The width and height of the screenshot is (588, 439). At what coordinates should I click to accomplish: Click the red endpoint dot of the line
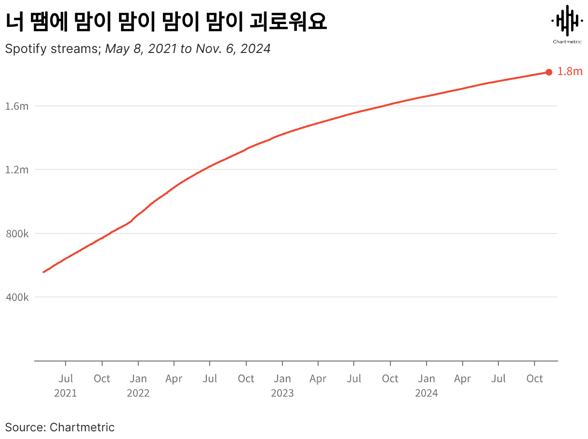[x=548, y=72]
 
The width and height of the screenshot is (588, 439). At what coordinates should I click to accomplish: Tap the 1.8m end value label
[x=570, y=72]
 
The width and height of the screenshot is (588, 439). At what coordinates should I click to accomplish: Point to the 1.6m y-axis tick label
[x=17, y=106]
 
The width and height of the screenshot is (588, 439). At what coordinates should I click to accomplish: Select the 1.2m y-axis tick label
[x=17, y=170]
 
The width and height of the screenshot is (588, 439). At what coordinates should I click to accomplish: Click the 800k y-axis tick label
[x=17, y=234]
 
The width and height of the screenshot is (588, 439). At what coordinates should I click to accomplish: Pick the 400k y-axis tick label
[x=17, y=297]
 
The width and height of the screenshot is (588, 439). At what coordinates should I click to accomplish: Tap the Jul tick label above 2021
[x=66, y=379]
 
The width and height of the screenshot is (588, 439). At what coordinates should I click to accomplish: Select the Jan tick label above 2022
[x=138, y=379]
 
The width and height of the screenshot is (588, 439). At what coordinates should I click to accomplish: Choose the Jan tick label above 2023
[x=282, y=379]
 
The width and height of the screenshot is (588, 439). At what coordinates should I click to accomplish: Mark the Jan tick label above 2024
[x=427, y=379]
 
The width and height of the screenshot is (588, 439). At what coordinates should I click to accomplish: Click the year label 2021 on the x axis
[x=66, y=393]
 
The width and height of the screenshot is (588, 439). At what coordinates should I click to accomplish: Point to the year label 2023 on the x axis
[x=282, y=393]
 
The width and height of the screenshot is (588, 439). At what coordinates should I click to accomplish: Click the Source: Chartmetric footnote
[x=60, y=427]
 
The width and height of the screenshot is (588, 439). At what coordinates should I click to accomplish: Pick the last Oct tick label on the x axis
[x=535, y=379]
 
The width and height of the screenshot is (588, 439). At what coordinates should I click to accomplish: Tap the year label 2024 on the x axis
[x=427, y=393]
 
